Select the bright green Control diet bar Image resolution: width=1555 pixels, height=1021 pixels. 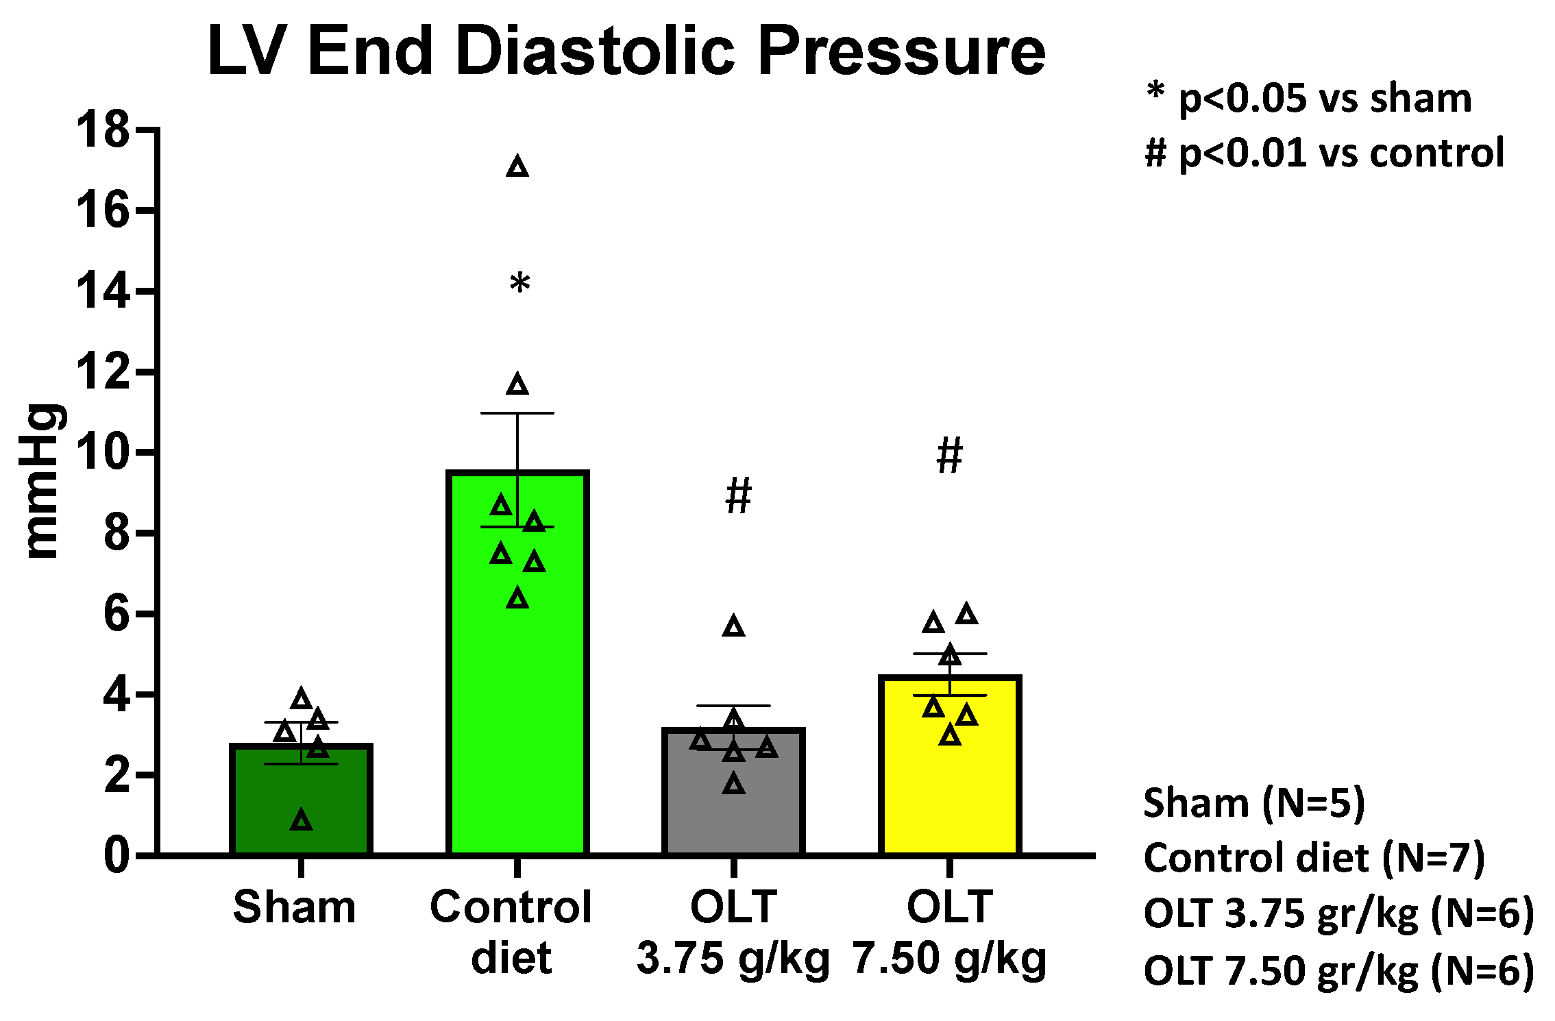click(x=517, y=685)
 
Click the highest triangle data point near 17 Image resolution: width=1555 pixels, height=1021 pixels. click(x=517, y=167)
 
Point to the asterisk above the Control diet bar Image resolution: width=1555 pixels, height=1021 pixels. click(x=519, y=284)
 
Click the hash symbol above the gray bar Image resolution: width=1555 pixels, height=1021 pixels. click(x=738, y=495)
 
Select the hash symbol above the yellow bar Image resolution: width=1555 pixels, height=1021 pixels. click(x=949, y=456)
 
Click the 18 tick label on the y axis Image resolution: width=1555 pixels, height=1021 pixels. click(x=103, y=130)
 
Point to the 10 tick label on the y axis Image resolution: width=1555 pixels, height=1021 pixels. click(x=103, y=452)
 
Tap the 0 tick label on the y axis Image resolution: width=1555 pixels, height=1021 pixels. click(x=116, y=855)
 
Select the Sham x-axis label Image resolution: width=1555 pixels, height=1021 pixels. click(x=295, y=907)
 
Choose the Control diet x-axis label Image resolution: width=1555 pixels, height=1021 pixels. click(x=511, y=932)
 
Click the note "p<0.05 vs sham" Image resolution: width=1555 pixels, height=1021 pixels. click(x=1325, y=99)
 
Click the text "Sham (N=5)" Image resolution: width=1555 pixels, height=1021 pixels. click(x=1254, y=803)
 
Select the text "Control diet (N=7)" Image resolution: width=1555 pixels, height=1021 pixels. click(x=1314, y=858)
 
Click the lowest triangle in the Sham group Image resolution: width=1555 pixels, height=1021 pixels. click(x=302, y=820)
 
